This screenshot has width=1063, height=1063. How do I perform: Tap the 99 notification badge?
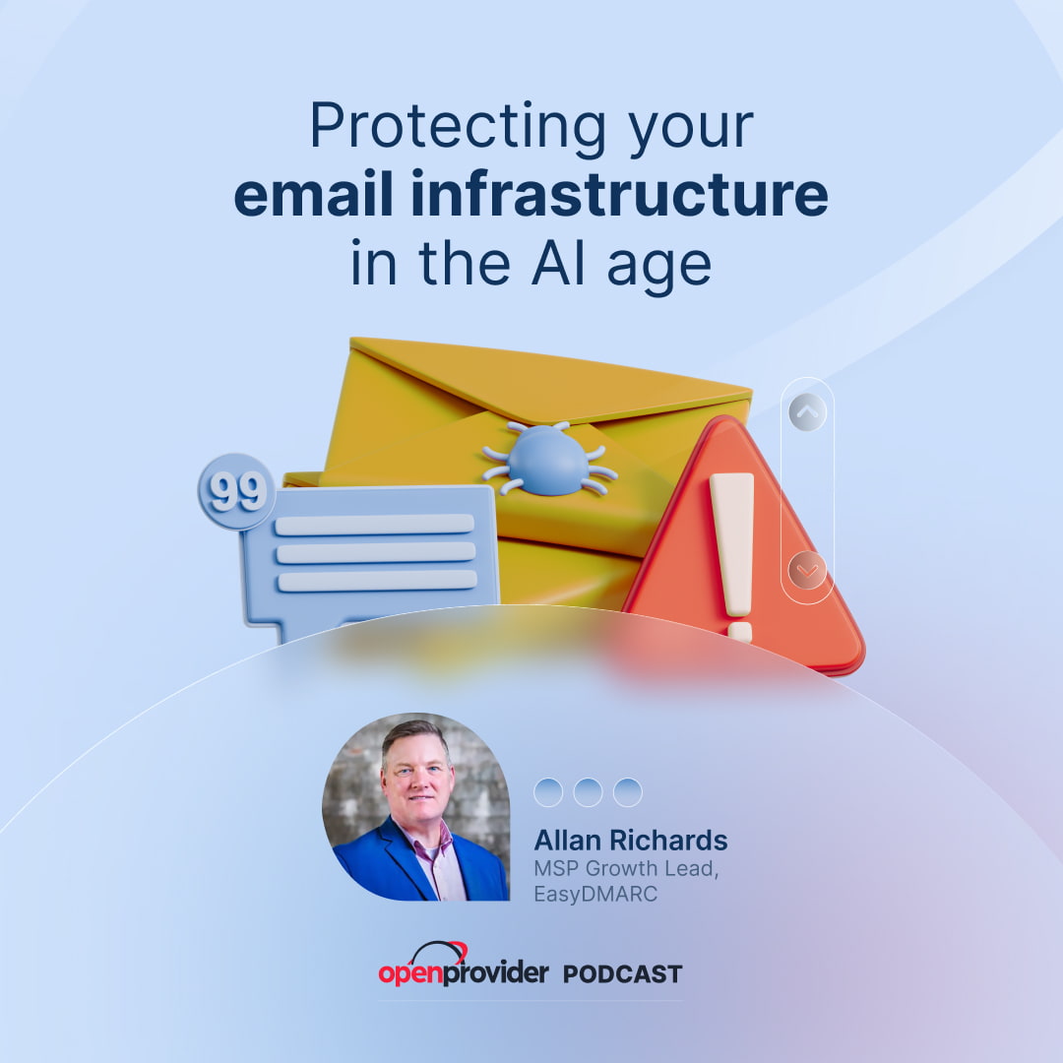click(236, 491)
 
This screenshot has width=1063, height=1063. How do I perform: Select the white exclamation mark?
click(733, 551)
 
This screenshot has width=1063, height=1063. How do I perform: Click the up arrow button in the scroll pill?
click(807, 412)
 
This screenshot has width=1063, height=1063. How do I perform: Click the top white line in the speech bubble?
click(374, 525)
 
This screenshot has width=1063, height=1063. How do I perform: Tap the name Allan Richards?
click(630, 841)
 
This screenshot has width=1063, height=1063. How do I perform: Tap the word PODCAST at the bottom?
click(622, 974)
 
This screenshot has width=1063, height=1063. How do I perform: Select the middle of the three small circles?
click(588, 791)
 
